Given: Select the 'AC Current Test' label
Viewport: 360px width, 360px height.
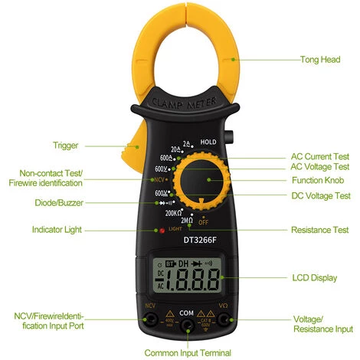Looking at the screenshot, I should click(x=320, y=154).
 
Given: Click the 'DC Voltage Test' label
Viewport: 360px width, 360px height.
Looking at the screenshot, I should click(x=320, y=195).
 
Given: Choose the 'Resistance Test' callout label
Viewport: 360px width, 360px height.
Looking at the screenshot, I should click(x=320, y=230).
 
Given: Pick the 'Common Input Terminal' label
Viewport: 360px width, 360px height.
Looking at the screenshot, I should click(x=188, y=353).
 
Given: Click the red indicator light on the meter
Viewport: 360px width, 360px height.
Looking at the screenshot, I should click(x=159, y=229).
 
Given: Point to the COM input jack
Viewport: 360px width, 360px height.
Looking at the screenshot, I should click(x=188, y=325).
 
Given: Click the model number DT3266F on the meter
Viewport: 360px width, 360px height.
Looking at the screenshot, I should click(x=201, y=239).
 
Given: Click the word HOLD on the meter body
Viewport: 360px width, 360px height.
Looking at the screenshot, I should click(x=209, y=142).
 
